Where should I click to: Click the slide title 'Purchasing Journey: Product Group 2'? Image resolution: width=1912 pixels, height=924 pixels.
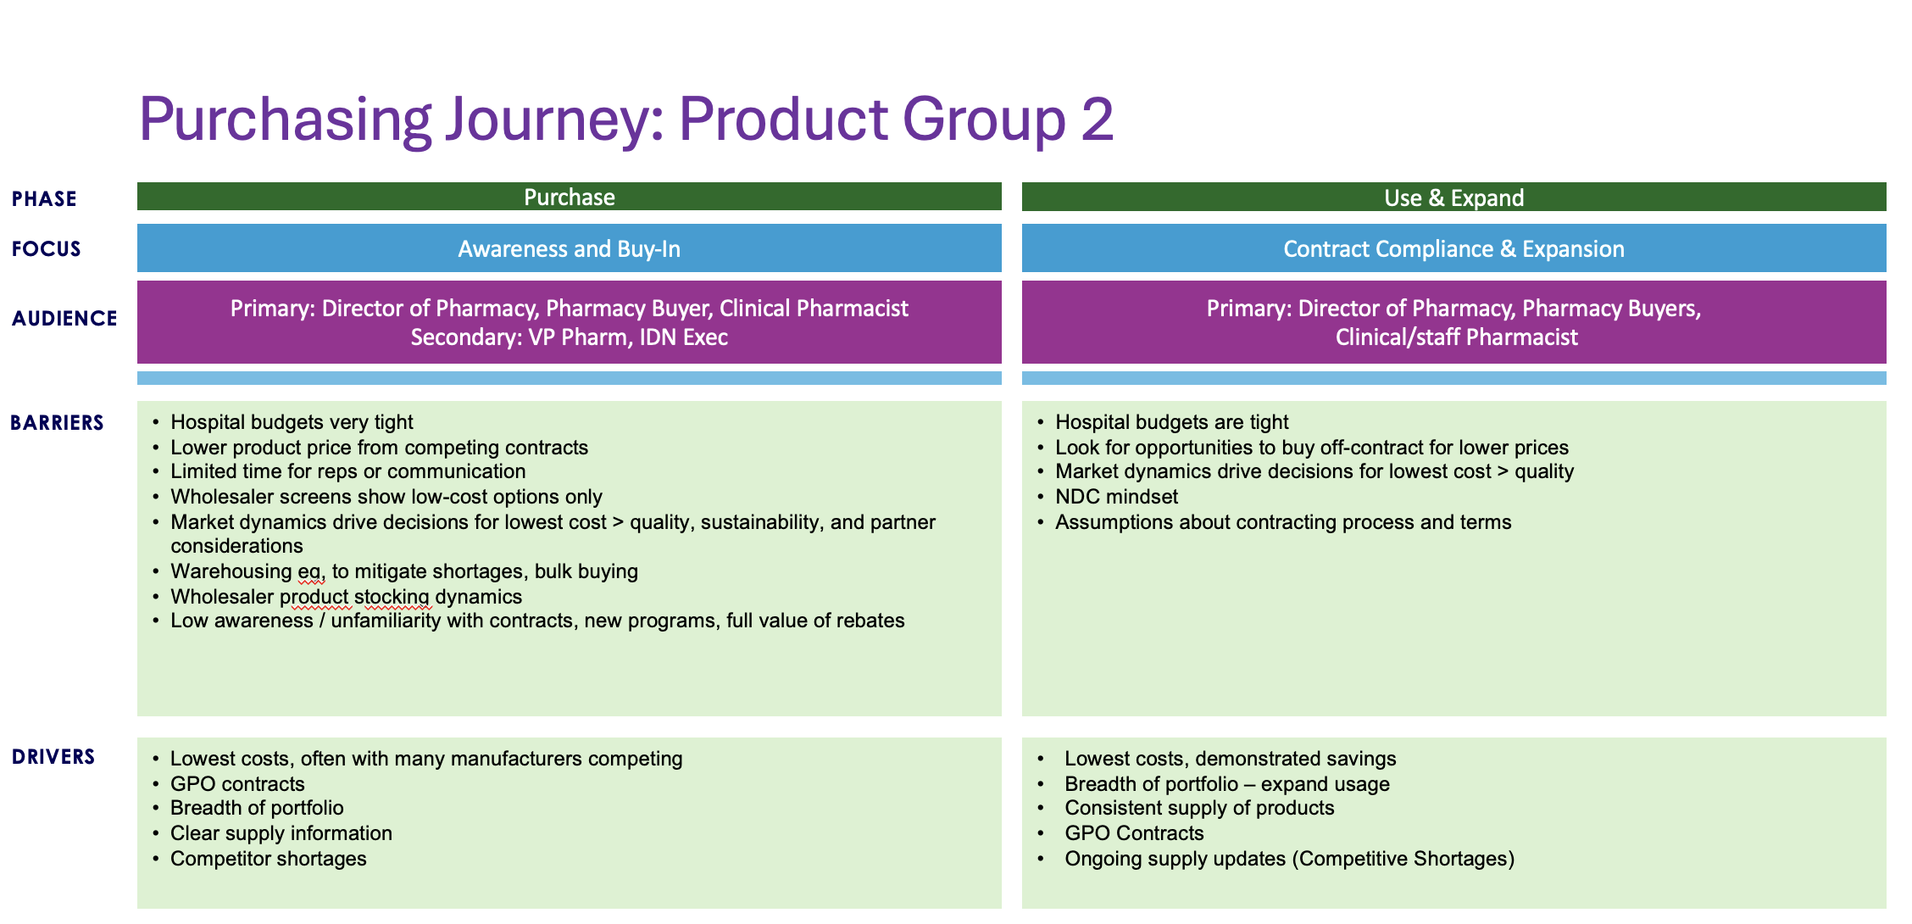coord(625,120)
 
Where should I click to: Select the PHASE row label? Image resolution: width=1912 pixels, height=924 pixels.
coord(44,199)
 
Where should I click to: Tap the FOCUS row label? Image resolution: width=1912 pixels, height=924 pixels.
coord(47,249)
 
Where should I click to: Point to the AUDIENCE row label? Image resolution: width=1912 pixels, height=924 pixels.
coord(64,319)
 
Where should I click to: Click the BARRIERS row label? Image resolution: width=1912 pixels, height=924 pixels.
coord(57,423)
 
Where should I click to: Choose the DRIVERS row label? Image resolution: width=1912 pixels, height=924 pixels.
coord(53,757)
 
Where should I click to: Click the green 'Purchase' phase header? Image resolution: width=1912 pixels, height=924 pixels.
coord(569,198)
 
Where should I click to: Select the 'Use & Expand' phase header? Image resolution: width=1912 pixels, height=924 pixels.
coord(1453,198)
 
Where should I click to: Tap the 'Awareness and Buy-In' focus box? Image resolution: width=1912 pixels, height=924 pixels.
coord(569,249)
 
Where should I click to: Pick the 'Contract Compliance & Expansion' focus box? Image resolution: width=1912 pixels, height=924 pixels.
coord(1453,249)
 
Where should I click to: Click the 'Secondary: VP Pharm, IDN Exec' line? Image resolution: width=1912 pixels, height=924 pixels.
coord(569,337)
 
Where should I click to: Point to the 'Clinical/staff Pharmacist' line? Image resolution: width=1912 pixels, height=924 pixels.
coord(1456,337)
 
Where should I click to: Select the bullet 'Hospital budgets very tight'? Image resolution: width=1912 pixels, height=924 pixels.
coord(292,422)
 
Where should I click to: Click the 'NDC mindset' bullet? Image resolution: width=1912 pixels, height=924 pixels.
coord(1116,497)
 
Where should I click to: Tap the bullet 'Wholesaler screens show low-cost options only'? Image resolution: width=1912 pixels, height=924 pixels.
coord(386,497)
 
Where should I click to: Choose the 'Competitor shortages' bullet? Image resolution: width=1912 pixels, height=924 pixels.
coord(268,859)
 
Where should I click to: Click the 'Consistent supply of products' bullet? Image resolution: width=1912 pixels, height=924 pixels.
coord(1198,808)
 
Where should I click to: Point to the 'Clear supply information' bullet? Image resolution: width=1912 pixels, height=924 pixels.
coord(281,833)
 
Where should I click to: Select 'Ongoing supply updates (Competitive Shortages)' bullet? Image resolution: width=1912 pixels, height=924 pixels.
coord(1288,859)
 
